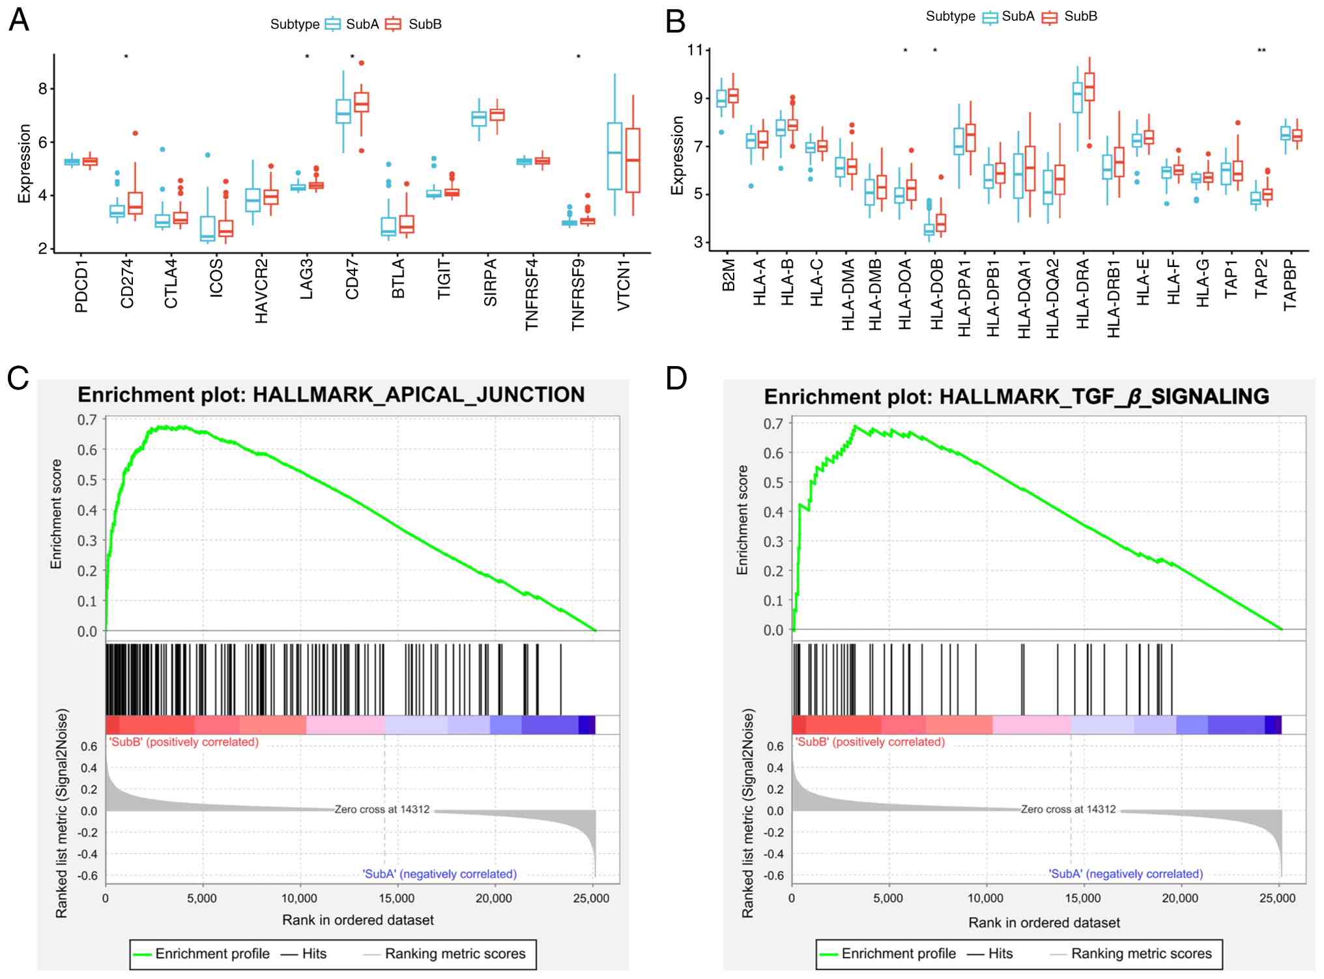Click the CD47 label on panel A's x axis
353,279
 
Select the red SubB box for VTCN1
632,160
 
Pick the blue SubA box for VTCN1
614,156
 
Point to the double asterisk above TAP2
1261,51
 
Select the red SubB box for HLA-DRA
1089,87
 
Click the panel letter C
18,378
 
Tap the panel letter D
676,378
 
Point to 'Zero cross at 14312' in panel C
382,809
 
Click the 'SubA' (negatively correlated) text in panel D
1125,873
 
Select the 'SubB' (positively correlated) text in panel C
184,742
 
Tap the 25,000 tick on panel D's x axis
1277,898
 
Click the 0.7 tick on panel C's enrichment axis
87,420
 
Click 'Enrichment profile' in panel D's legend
899,954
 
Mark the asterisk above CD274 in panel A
126,57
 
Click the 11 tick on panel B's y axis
696,50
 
